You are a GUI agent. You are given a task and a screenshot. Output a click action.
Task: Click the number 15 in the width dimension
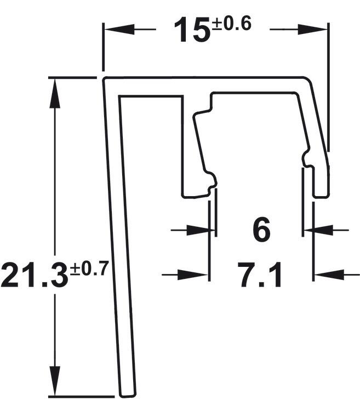(x=193, y=30)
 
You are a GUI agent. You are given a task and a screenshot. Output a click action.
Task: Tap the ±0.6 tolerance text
(x=231, y=24)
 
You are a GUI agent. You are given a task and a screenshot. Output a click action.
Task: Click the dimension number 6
(x=261, y=230)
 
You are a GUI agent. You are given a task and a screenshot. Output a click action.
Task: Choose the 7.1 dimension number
(x=261, y=275)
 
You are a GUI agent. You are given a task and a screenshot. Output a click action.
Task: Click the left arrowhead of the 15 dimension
(x=119, y=30)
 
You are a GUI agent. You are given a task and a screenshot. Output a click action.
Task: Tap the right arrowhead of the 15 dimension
(x=312, y=30)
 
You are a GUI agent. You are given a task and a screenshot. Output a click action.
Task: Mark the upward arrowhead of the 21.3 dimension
(x=54, y=93)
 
